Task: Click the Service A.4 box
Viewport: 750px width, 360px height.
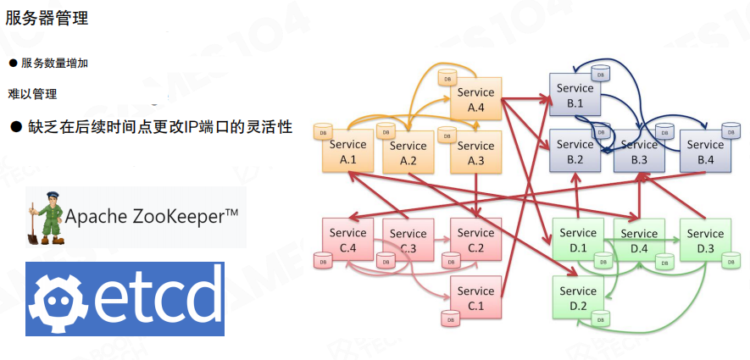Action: (475, 100)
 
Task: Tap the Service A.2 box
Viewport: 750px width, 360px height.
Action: (408, 152)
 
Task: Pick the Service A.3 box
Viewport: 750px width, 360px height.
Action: (475, 152)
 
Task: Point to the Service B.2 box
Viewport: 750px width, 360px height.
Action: (575, 152)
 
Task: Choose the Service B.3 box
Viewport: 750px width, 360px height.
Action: (639, 152)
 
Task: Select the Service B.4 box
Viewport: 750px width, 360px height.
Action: (705, 152)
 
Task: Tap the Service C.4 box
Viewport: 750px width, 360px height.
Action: (348, 240)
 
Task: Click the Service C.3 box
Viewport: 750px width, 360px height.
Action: (408, 240)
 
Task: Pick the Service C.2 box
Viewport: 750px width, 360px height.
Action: (475, 240)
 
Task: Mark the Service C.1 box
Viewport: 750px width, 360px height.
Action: (475, 297)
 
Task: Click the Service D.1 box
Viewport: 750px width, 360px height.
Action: (579, 240)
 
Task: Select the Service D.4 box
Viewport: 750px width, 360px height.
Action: (639, 240)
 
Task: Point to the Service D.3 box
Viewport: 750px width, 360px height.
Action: (705, 240)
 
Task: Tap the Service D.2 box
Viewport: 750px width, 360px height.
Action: (579, 297)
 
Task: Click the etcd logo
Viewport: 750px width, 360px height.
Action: (125, 299)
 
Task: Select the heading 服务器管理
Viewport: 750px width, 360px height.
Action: (47, 17)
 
